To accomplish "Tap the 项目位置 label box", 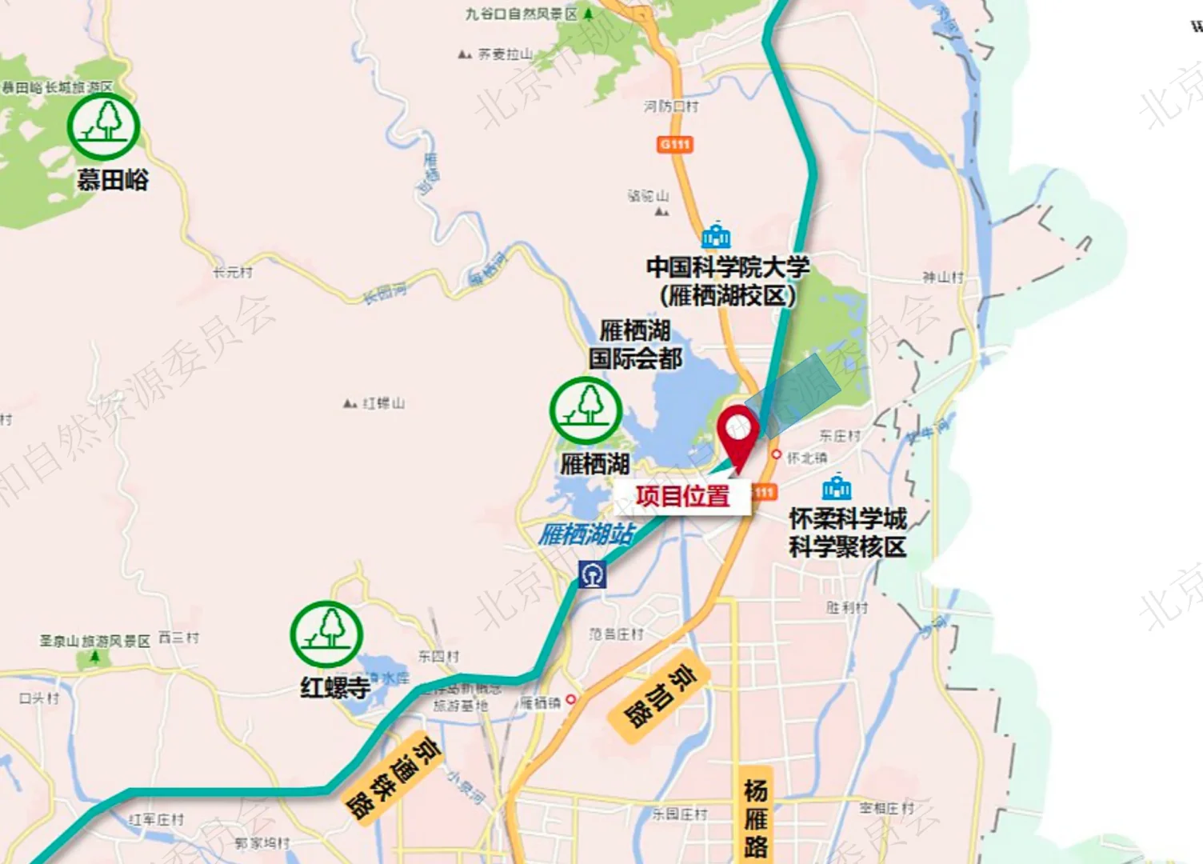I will (682, 496).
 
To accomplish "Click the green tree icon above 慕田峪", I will (104, 126).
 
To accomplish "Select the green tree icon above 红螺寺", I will (326, 634).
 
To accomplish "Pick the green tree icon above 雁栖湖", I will (586, 410).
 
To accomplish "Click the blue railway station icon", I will (592, 574).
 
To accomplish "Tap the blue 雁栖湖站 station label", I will (586, 534).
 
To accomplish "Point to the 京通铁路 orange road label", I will (393, 777).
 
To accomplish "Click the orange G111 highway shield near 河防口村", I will (675, 145).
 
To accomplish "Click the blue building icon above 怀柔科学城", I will (836, 488).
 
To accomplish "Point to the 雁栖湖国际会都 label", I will (635, 344).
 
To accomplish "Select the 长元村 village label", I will (232, 273).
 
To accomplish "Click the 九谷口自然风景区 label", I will (522, 14).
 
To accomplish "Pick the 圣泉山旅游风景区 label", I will (94, 642).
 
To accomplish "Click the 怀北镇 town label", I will (807, 458).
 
